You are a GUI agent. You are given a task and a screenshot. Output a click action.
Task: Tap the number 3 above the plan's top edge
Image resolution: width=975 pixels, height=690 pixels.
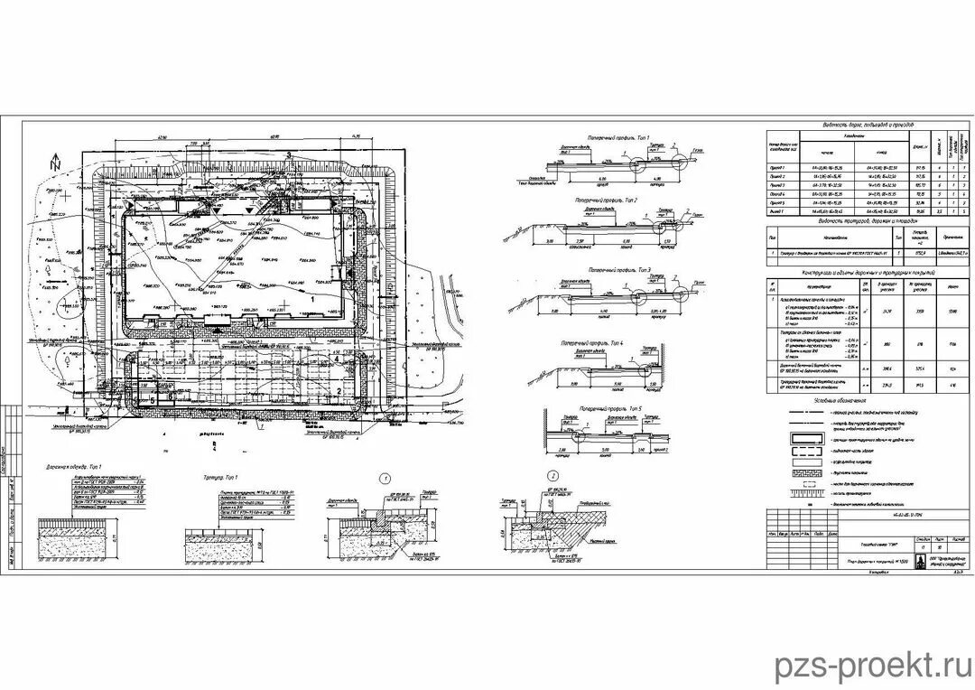287,155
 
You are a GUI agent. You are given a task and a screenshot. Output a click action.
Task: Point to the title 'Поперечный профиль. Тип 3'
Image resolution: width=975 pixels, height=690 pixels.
618,270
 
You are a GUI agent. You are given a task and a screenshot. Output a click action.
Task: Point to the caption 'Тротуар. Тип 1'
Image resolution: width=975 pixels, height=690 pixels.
217,472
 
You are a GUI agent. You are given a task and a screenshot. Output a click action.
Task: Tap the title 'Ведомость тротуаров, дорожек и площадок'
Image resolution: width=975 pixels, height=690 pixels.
867,220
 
